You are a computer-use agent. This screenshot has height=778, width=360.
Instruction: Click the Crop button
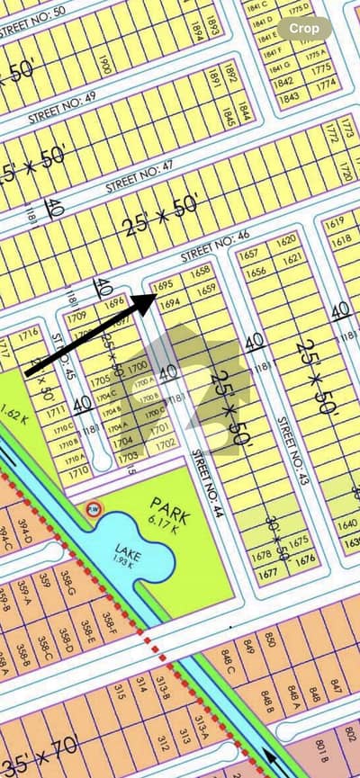coord(304,28)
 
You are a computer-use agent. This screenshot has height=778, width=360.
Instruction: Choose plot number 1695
coord(163,285)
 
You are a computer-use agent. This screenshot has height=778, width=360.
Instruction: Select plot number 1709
coord(76,317)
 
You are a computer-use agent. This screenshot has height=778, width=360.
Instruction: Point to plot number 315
coord(118,690)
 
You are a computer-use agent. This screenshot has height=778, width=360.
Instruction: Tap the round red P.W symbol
coord(92,510)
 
